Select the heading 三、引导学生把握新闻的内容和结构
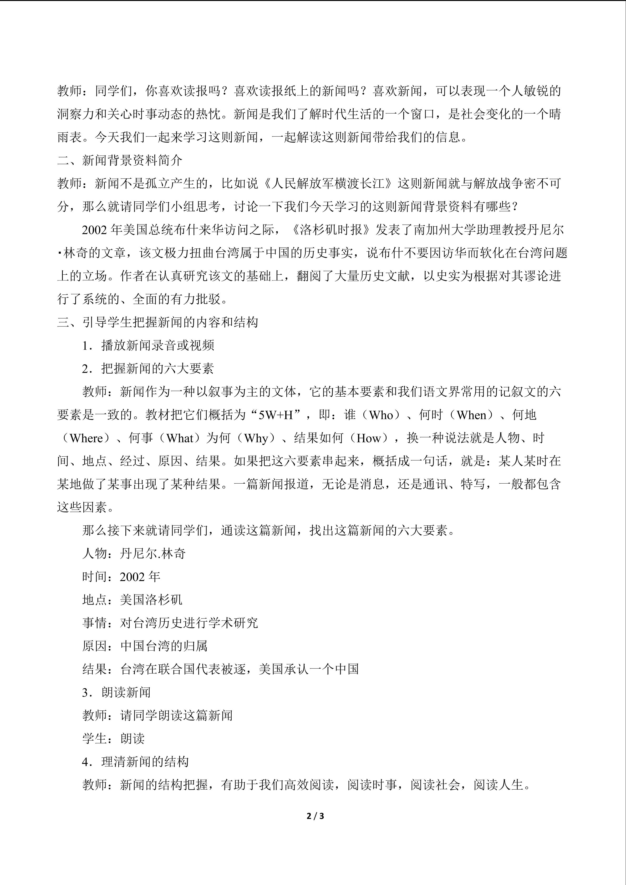[157, 322]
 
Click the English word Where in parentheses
[86, 438]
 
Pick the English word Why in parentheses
[256, 438]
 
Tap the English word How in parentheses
[369, 438]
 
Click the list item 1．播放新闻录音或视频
[148, 345]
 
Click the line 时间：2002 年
[121, 577]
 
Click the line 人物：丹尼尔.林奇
[134, 554]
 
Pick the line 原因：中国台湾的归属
[145, 646]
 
